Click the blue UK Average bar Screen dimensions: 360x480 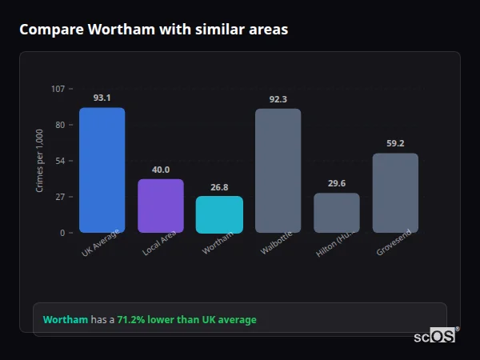(102, 170)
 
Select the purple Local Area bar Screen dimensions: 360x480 (161, 206)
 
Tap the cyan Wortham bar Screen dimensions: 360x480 (219, 214)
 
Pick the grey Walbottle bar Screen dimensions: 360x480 (278, 170)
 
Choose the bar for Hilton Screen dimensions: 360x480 (336, 213)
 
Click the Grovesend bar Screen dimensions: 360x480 (395, 193)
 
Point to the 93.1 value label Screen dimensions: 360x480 (102, 98)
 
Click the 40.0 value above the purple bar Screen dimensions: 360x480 (161, 170)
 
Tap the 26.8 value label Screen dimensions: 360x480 (219, 187)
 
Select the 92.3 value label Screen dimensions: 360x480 (278, 99)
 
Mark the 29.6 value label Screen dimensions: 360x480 (336, 183)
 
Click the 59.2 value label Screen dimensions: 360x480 (395, 143)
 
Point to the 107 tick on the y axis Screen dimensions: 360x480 (58, 89)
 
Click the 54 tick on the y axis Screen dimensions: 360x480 (60, 161)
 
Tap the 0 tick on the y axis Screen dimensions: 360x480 (62, 233)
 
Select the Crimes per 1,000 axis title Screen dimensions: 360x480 (40, 161)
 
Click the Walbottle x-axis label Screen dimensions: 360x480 (275, 242)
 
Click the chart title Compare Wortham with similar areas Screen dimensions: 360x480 (154, 30)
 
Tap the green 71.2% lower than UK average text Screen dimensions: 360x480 (186, 320)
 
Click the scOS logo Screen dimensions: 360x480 (434, 336)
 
